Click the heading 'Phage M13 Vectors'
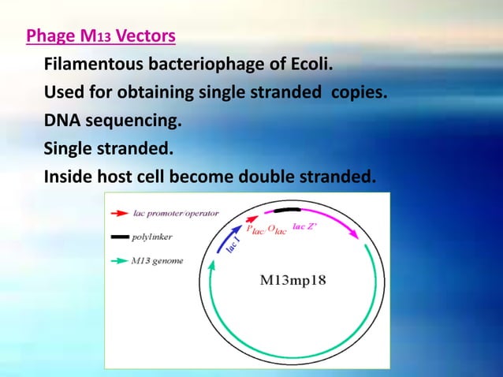(101, 36)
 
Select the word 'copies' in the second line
(360, 92)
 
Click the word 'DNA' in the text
(61, 121)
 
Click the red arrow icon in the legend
(120, 213)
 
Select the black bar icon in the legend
(120, 237)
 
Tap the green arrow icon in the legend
(120, 260)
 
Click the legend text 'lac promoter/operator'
(175, 213)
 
